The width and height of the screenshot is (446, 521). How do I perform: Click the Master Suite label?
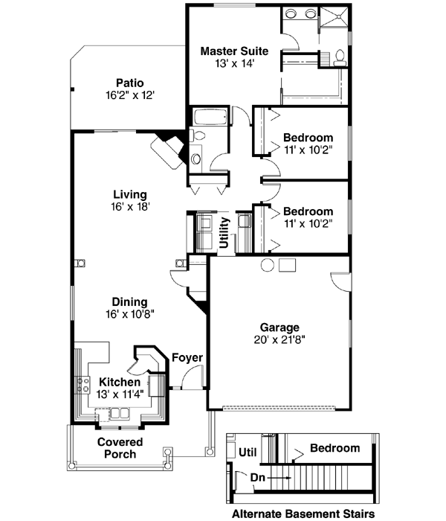click(x=234, y=51)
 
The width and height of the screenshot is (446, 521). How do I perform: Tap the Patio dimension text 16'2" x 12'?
click(x=130, y=95)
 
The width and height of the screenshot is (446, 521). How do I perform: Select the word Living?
click(x=129, y=194)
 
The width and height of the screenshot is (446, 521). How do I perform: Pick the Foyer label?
click(x=187, y=358)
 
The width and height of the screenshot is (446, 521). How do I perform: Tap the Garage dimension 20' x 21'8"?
click(x=279, y=339)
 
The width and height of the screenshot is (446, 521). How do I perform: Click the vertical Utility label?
click(x=224, y=231)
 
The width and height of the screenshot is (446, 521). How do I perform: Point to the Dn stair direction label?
click(x=258, y=477)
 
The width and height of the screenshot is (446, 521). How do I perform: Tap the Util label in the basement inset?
click(x=248, y=450)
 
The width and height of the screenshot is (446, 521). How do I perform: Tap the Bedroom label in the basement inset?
click(x=334, y=448)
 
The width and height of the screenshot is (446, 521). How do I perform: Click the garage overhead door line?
click(x=282, y=408)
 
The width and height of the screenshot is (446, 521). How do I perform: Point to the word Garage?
click(x=279, y=327)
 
